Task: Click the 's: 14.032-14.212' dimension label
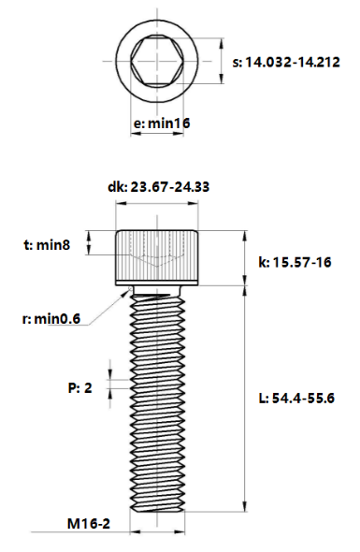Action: pyautogui.click(x=292, y=62)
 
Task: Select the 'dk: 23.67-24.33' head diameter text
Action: pyautogui.click(x=157, y=187)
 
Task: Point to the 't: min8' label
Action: pyautogui.click(x=47, y=245)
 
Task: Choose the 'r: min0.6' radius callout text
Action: pyautogui.click(x=50, y=319)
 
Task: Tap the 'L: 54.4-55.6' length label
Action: pyautogui.click(x=296, y=398)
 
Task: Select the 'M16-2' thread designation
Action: pyautogui.click(x=89, y=524)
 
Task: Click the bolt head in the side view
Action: pyautogui.click(x=158, y=256)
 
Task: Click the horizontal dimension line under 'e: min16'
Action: pyautogui.click(x=158, y=136)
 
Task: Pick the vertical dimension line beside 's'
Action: pyautogui.click(x=221, y=61)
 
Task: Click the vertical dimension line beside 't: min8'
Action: pyautogui.click(x=90, y=244)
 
